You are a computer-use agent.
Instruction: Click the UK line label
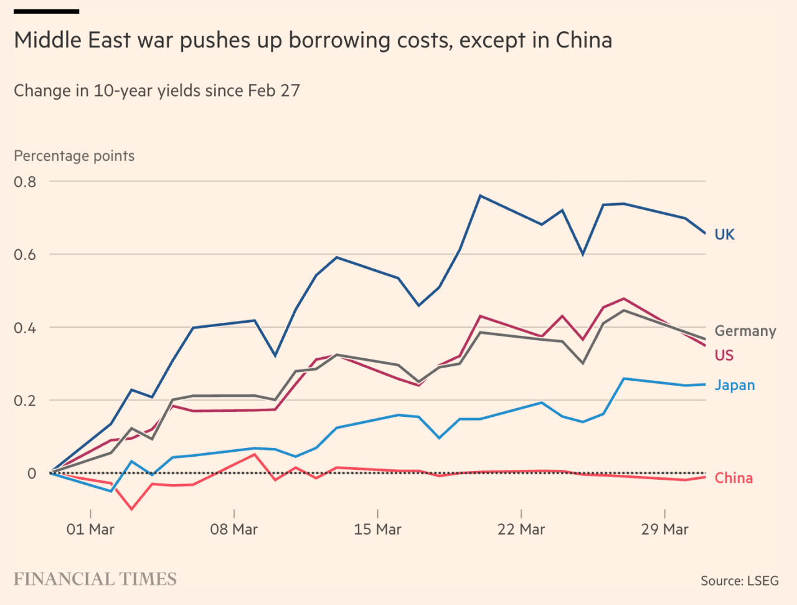click(724, 234)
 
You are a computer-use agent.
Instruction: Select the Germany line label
click(745, 331)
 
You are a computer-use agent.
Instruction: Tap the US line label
click(724, 355)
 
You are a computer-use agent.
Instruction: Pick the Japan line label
click(734, 385)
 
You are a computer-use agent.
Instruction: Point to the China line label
click(733, 478)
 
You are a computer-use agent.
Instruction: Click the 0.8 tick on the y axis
click(25, 182)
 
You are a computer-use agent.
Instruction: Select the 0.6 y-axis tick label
click(25, 255)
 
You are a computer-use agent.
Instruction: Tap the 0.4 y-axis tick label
click(25, 328)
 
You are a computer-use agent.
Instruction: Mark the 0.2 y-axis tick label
click(25, 401)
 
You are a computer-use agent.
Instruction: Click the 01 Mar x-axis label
click(90, 530)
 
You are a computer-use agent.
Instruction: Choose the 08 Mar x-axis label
click(234, 530)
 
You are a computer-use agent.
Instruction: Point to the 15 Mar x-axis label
click(377, 530)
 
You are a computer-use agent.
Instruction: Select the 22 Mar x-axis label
click(521, 530)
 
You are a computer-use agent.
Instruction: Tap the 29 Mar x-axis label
click(664, 530)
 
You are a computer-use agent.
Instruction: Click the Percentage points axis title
click(74, 156)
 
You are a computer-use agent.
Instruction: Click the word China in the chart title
click(583, 40)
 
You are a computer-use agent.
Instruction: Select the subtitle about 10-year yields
click(157, 91)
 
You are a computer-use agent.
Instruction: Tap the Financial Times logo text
click(95, 579)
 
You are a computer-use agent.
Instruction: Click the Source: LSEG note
click(739, 581)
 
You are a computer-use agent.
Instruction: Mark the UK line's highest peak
click(480, 196)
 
